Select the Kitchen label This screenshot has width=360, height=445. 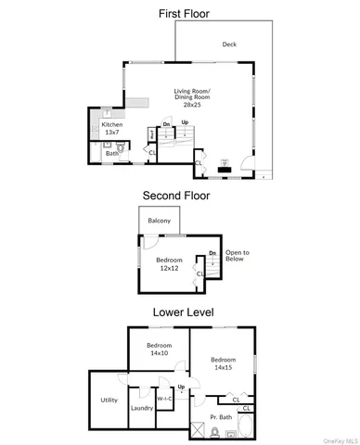(111, 124)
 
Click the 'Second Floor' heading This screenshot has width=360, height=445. (176, 196)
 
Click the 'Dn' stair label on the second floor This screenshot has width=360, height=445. (212, 252)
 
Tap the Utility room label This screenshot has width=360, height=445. (109, 400)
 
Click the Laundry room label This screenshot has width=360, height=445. (141, 407)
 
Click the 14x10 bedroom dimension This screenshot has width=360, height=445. (159, 353)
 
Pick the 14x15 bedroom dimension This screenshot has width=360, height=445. (223, 367)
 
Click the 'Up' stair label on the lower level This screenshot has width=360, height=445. (181, 387)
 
